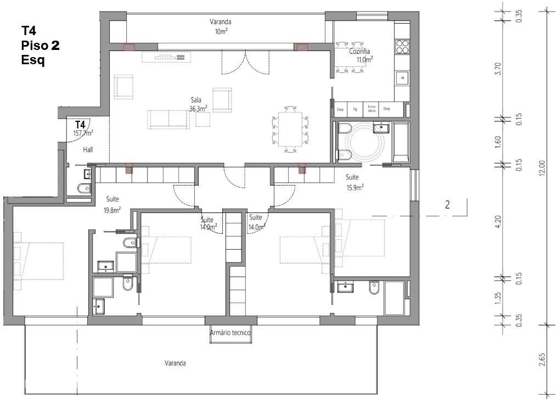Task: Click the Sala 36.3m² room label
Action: coord(196,105)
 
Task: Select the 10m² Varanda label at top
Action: coord(221,27)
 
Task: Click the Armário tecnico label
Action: coord(230,333)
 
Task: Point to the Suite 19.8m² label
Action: coord(111,204)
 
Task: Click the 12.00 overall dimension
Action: coord(542,167)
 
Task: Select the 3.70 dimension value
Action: coord(498,70)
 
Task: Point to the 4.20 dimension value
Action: coord(498,221)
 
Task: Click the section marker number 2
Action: coord(447,205)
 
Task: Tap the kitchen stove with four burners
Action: coord(402,46)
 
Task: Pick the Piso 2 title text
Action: coord(40,45)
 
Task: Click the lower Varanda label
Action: coord(175,363)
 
